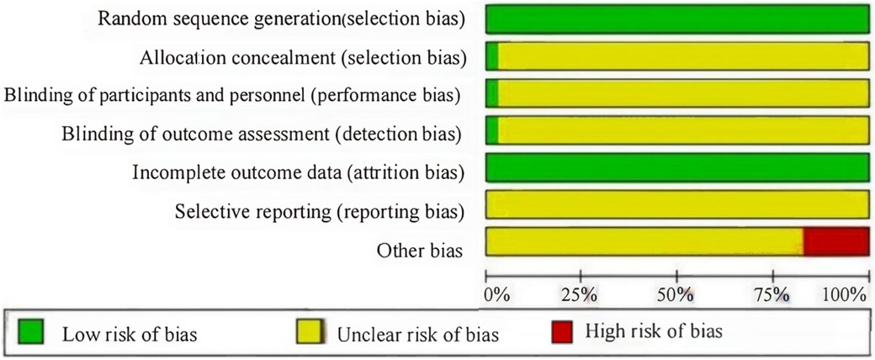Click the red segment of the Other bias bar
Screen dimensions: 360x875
click(x=835, y=241)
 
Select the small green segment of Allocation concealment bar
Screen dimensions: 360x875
click(x=492, y=57)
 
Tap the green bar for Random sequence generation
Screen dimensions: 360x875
click(x=677, y=19)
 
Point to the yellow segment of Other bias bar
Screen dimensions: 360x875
click(x=644, y=241)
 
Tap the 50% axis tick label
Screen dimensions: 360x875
click(x=676, y=295)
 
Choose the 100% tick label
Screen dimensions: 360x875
click(x=845, y=295)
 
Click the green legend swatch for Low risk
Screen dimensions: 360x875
click(x=30, y=333)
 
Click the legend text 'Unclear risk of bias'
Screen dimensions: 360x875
click(x=417, y=335)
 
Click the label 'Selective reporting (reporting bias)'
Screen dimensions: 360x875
click(x=319, y=210)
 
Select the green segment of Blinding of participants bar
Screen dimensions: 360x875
click(x=492, y=93)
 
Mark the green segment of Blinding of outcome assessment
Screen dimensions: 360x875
click(x=492, y=130)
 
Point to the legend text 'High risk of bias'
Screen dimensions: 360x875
click(x=653, y=332)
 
